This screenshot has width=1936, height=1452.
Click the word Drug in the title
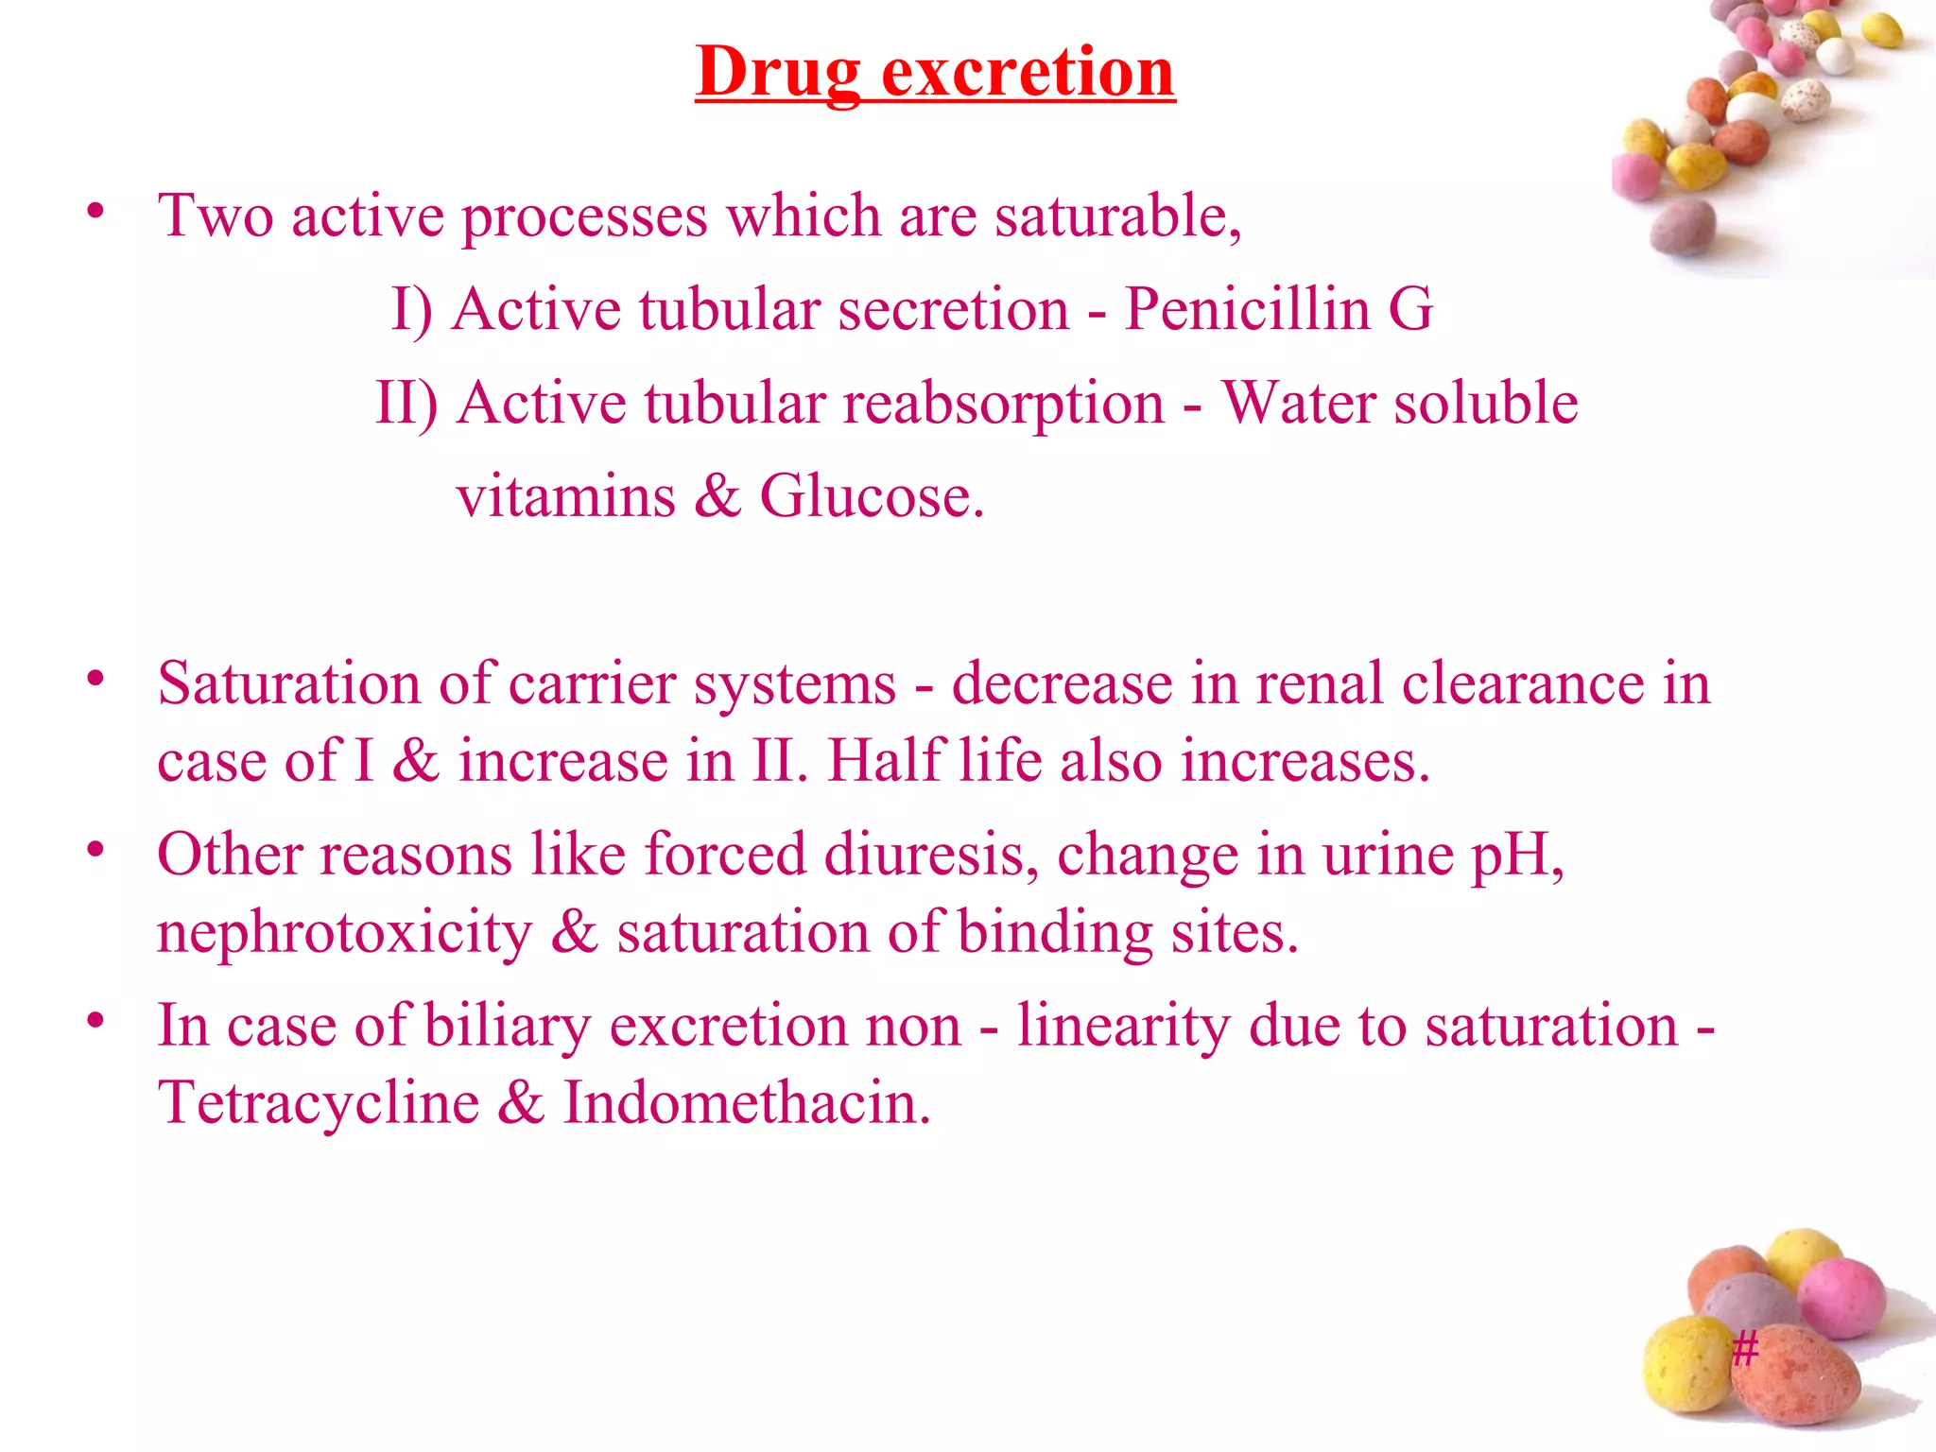[x=778, y=73]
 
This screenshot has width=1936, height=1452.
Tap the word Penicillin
[x=1247, y=309]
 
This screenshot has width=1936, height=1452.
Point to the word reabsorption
[x=1003, y=404]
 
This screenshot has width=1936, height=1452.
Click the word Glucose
[x=871, y=496]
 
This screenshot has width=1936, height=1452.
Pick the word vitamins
[x=566, y=496]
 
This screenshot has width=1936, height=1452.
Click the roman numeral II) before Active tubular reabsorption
[x=406, y=404]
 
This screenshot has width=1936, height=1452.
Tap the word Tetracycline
[x=319, y=1103]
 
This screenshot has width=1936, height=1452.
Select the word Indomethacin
[x=747, y=1103]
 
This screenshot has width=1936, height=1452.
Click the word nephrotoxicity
[x=344, y=933]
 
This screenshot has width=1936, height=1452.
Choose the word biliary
[x=508, y=1027]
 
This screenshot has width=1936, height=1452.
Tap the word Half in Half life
[x=886, y=761]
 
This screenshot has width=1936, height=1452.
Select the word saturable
[x=1117, y=216]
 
